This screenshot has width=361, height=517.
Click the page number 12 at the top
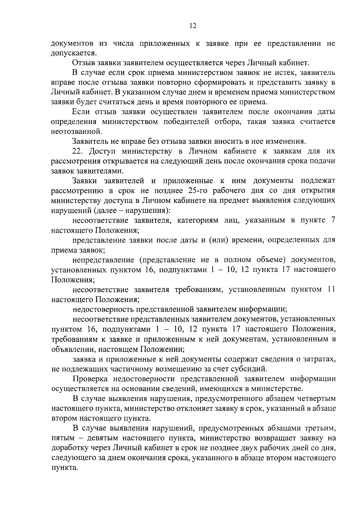(193, 26)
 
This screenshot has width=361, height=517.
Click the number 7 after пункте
(332, 220)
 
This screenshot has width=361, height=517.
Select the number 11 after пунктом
(330, 290)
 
